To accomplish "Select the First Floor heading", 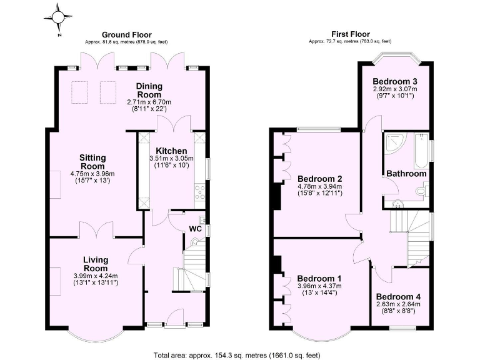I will click(350, 34).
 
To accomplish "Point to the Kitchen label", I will click(171, 151).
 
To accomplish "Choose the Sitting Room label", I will click(92, 161).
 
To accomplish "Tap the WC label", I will click(195, 229).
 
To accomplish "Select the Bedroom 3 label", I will click(395, 82).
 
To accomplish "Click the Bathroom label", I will click(406, 173).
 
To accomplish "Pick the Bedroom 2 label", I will click(320, 178).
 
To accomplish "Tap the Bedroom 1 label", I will click(319, 278).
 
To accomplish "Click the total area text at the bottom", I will click(239, 354).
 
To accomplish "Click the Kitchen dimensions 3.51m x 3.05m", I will click(171, 159).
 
